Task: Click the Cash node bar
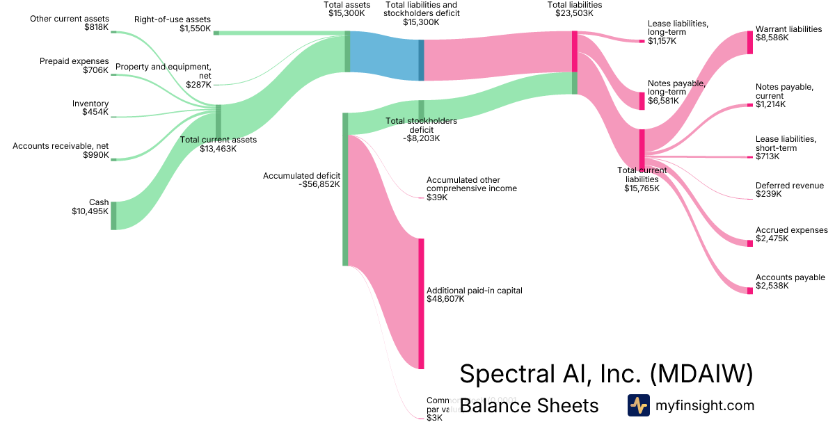coord(113,216)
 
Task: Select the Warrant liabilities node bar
coord(749,42)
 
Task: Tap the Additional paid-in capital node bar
coord(421,303)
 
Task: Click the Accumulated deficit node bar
coord(344,189)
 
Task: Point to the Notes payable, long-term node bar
coord(642,101)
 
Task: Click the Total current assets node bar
coord(218,122)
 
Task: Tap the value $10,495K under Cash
coord(90,211)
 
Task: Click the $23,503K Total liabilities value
coord(574,13)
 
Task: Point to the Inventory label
coord(90,104)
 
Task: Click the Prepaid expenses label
coord(74,61)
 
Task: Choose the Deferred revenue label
coord(790,186)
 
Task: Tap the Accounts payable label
coord(790,277)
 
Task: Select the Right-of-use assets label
coord(173,19)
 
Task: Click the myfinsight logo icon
coord(638,405)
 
